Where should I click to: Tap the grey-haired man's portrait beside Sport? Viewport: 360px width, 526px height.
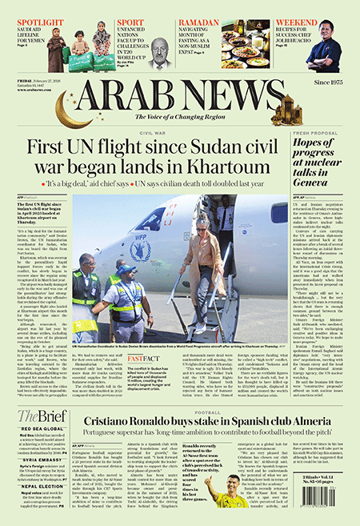click(162, 53)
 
